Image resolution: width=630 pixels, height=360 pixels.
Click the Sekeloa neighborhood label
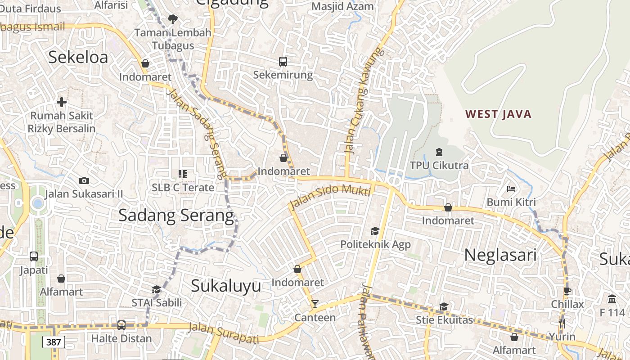78,58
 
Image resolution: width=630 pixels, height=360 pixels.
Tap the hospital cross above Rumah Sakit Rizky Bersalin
62,102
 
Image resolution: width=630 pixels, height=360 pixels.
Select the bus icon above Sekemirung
283,62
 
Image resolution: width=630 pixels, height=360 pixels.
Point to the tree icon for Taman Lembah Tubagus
172,19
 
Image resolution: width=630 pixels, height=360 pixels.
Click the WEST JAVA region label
499,114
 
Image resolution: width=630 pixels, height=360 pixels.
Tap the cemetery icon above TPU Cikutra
439,152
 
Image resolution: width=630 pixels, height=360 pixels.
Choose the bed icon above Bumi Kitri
511,189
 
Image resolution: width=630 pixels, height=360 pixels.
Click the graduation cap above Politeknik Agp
375,231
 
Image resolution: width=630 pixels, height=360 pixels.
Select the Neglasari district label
500,255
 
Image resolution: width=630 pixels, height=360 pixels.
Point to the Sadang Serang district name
176,216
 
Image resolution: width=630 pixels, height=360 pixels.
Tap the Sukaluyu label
226,286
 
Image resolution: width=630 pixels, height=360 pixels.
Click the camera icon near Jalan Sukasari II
84,181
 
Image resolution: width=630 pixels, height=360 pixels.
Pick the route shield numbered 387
54,342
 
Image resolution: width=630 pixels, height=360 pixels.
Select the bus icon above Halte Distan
121,325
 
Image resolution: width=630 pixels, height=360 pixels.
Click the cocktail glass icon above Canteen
315,304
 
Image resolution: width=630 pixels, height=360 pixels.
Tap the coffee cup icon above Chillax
567,291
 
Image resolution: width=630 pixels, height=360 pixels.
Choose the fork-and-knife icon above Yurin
562,323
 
